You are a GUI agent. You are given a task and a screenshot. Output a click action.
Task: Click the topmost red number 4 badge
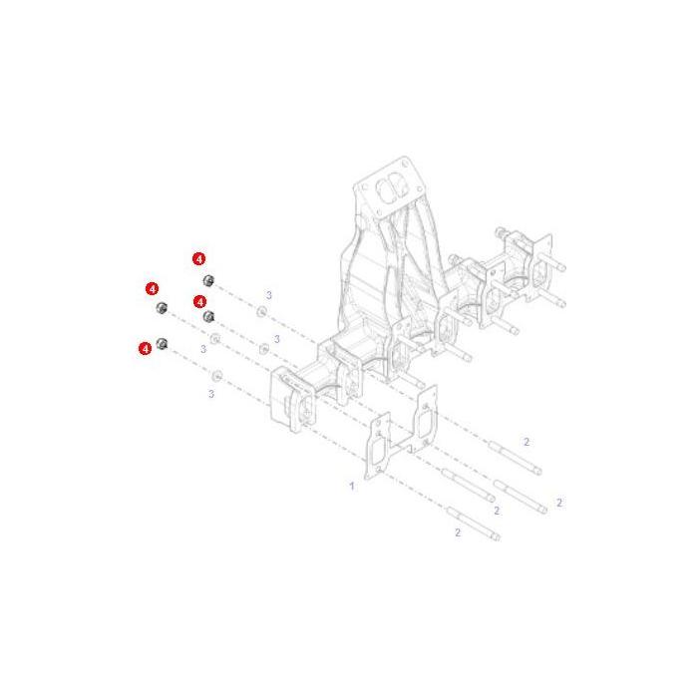[x=198, y=258]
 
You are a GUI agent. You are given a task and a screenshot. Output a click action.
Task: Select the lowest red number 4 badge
[x=146, y=348]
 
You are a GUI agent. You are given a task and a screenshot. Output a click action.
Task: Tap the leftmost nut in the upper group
[x=161, y=305]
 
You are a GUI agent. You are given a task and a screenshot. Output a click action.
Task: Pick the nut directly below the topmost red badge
[x=206, y=278]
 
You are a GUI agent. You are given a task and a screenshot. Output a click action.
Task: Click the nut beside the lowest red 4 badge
[x=163, y=343]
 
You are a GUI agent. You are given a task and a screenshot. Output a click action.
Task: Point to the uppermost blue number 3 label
[x=268, y=296]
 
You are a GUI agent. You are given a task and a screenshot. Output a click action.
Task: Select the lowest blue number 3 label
[x=211, y=394]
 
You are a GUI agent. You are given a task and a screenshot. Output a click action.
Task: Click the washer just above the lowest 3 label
[x=217, y=375]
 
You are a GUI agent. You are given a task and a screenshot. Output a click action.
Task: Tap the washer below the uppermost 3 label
[x=261, y=313]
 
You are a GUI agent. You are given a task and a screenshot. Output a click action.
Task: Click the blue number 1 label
[x=351, y=486]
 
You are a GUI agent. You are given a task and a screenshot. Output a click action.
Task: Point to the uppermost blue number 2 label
[x=526, y=441]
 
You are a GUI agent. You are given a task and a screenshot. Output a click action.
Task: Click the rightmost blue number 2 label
[x=559, y=503]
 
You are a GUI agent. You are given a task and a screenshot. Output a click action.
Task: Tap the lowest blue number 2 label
[x=458, y=532]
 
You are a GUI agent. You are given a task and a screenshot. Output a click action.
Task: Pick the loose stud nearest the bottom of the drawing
[x=474, y=525]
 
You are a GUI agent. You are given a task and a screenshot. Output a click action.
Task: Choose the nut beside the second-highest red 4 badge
[x=161, y=305]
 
